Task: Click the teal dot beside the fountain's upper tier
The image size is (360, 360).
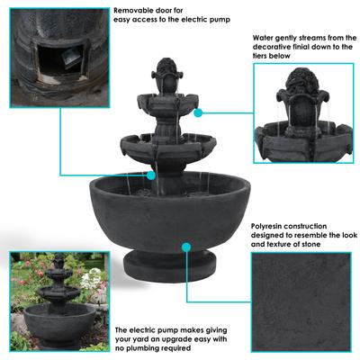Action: tap(197, 112)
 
